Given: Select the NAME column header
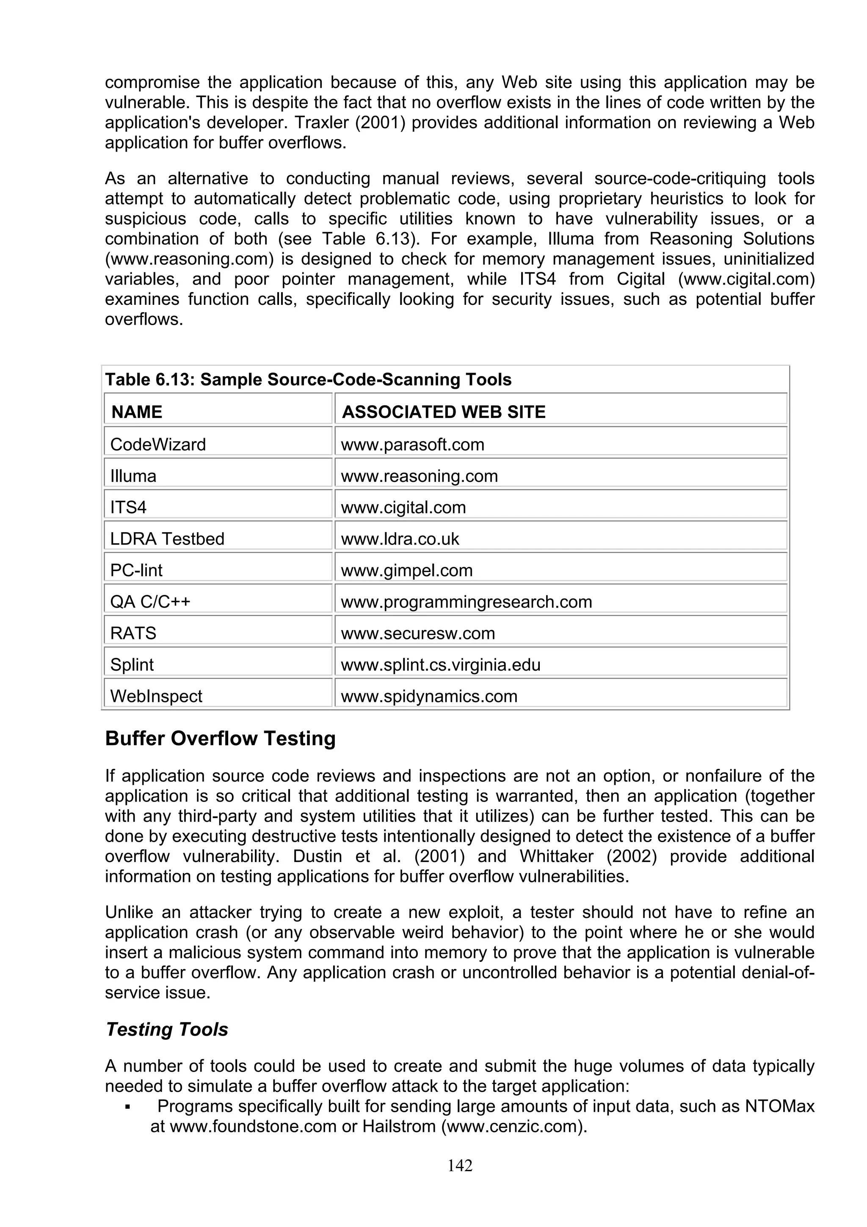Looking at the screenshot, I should pos(137,412).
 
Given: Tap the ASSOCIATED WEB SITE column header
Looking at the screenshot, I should pos(443,412).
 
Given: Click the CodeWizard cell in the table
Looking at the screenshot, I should pos(158,444).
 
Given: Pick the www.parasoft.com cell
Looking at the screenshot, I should pos(412,444).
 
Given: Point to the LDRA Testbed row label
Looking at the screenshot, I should pos(167,538).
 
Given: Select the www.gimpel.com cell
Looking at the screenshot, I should pos(406,570).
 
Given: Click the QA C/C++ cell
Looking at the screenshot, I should pos(150,602).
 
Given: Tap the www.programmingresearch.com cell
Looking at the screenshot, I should pos(467,602).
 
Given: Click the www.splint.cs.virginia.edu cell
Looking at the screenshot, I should pos(441,664).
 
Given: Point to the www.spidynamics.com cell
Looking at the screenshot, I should pos(429,696).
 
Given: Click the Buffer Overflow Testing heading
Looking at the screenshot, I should pos(220,738).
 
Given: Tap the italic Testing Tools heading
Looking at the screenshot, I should pos(167,1029).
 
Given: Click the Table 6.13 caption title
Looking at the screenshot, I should pos(308,379).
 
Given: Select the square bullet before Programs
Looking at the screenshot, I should pos(127,1106).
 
